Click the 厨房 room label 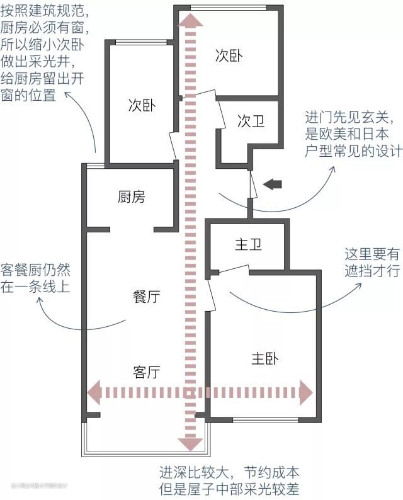click(x=131, y=197)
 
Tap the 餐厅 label click(x=146, y=297)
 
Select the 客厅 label click(x=146, y=372)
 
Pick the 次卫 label click(x=251, y=122)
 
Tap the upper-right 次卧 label click(x=229, y=56)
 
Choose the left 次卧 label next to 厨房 click(x=142, y=105)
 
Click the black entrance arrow click(x=273, y=184)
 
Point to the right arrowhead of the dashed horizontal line click(x=306, y=392)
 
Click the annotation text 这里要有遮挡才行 click(x=372, y=263)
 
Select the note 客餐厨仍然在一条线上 click(x=35, y=278)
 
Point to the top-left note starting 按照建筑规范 click(x=45, y=54)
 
